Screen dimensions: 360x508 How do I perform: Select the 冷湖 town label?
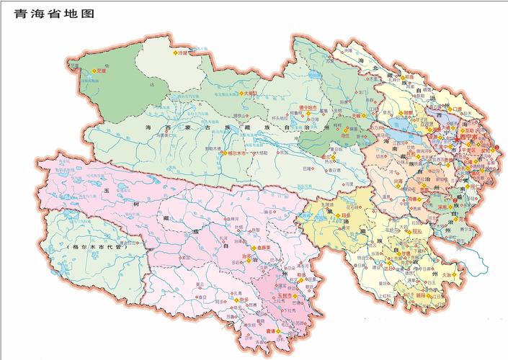click(x=182, y=53)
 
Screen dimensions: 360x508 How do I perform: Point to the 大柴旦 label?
click(x=249, y=93)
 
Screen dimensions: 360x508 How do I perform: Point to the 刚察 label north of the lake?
click(x=408, y=113)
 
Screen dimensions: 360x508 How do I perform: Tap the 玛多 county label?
click(x=345, y=215)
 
